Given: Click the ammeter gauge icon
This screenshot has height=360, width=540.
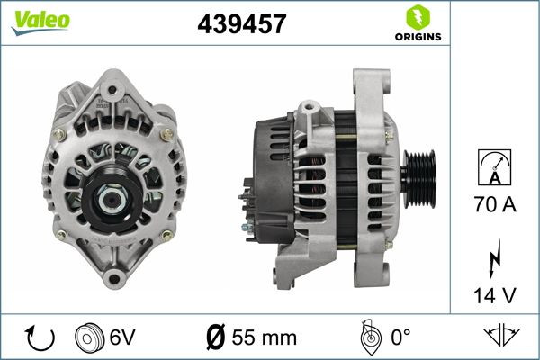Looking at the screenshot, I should tap(494, 166).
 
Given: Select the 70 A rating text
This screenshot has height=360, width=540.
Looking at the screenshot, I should tap(494, 205).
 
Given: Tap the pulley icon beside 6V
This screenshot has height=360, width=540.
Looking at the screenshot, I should tap(91, 337).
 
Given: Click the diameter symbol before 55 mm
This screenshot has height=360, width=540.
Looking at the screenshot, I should tap(216, 337).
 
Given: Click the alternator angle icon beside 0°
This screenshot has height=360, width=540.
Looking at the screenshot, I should tap(366, 337).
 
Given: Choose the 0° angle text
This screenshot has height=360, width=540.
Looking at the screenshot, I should tap(401, 337).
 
